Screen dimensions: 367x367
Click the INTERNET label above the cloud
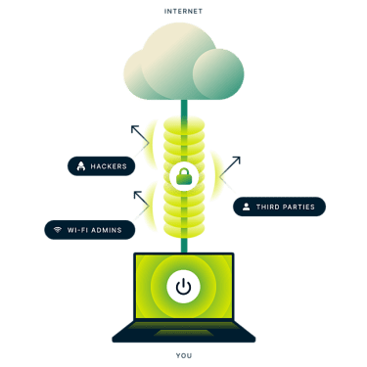click(x=183, y=12)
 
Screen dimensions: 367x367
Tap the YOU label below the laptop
click(x=184, y=355)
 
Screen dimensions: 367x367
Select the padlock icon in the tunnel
click(x=185, y=176)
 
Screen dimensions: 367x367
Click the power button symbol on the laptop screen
click(x=183, y=287)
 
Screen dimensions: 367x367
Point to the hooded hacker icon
click(x=81, y=166)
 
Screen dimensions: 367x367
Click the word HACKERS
click(x=109, y=166)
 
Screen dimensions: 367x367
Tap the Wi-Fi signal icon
click(x=58, y=230)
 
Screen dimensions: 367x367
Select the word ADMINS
click(x=107, y=230)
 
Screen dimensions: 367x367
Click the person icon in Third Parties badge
click(x=247, y=206)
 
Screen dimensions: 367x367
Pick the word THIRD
click(x=267, y=206)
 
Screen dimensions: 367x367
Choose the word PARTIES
click(x=298, y=206)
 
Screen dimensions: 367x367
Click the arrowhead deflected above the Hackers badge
click(x=134, y=128)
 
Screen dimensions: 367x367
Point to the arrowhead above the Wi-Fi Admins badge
click(x=137, y=195)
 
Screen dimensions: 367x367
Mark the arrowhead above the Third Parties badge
click(x=237, y=160)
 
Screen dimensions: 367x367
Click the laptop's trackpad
click(x=184, y=333)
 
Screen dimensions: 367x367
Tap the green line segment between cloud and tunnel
click(x=184, y=109)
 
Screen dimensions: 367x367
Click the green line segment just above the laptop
click(x=184, y=245)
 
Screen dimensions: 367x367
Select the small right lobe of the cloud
click(x=218, y=73)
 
